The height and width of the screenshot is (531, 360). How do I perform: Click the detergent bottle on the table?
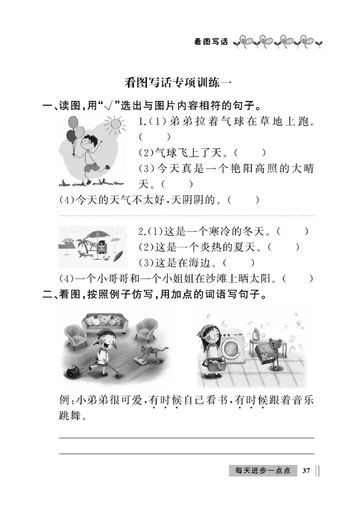coord(256,334)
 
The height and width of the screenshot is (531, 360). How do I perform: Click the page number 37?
coord(306,471)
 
